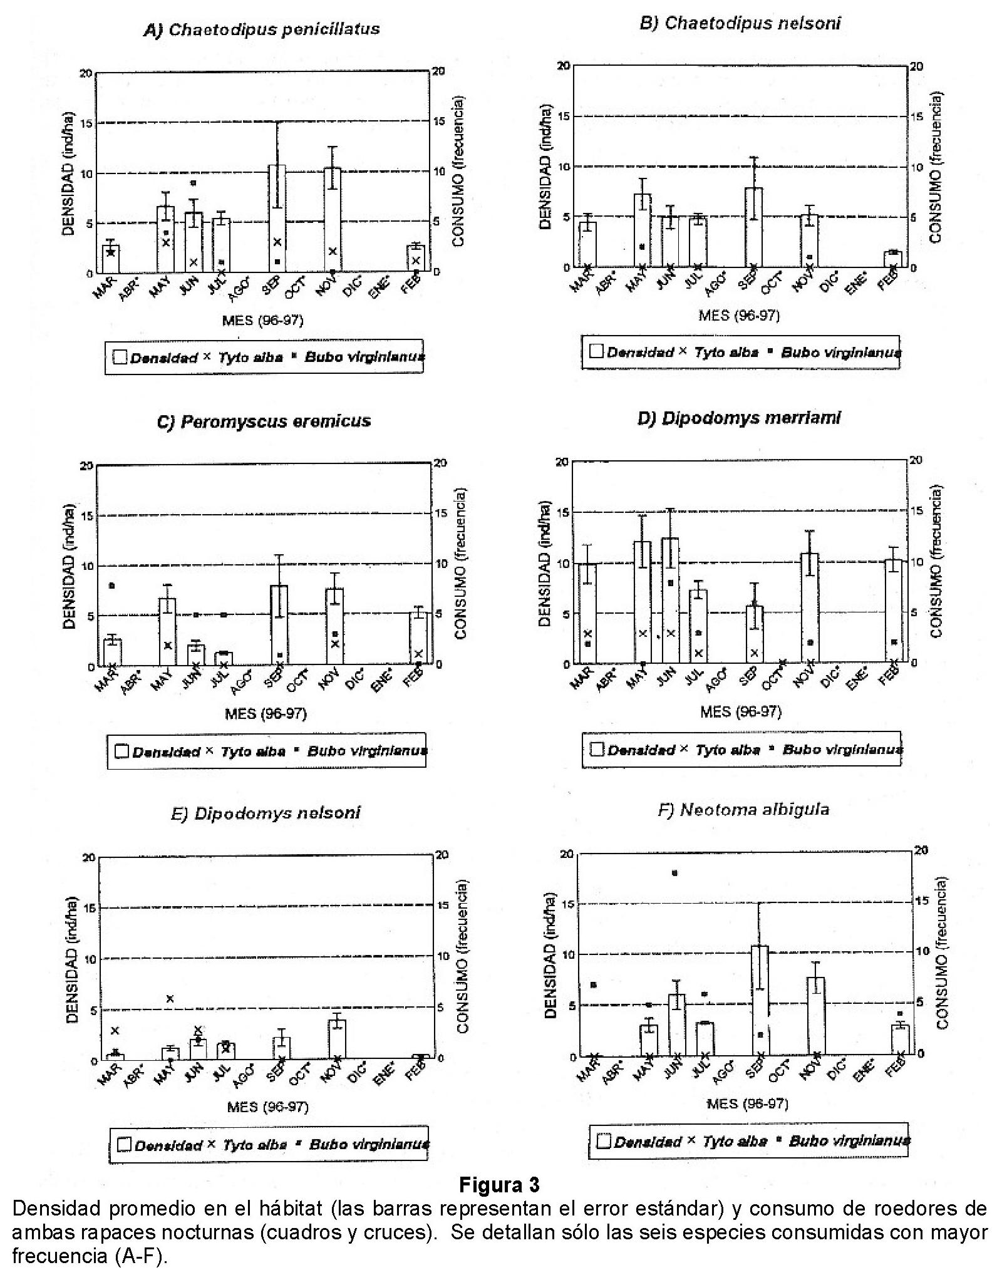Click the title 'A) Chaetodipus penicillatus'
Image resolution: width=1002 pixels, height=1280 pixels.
pos(262,29)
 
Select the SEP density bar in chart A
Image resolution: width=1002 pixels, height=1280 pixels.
pos(277,219)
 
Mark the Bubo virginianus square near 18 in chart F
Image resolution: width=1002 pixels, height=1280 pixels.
pos(674,873)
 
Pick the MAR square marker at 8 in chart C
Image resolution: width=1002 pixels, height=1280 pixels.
pos(112,586)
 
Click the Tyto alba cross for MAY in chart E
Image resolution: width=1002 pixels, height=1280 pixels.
pos(170,998)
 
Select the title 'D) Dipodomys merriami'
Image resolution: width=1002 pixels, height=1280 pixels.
pos(739,418)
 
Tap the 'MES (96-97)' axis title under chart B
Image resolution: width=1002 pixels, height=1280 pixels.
pos(739,316)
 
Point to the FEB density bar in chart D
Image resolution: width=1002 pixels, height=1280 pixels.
pos(894,611)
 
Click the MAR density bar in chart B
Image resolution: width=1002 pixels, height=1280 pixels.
pos(587,244)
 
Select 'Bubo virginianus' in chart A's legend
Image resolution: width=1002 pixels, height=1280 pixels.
pos(364,357)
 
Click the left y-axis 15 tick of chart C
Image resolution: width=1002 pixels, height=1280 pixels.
pos(86,516)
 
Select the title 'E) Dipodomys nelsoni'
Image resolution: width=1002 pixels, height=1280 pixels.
pos(266,813)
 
